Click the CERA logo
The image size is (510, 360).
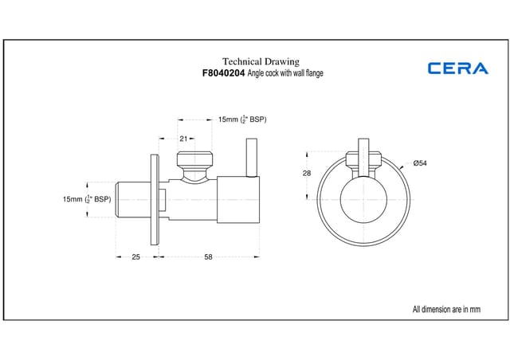coord(458,68)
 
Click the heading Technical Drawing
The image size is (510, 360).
coord(261,61)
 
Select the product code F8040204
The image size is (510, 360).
coord(223,73)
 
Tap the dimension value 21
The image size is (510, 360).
coord(183,139)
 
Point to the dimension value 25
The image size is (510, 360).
coord(135,257)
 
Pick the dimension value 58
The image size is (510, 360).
coord(208,257)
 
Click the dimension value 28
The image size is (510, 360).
coord(307,174)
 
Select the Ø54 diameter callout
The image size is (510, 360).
coord(420,163)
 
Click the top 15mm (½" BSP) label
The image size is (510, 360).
coord(242,119)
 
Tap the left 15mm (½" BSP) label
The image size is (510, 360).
coord(87,199)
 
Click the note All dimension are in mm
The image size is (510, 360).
coord(446,309)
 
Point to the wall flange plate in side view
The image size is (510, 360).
coord(155,200)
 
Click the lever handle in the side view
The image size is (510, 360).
coord(252,158)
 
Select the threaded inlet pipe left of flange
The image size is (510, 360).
coord(133,200)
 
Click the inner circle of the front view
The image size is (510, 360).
coord(363,200)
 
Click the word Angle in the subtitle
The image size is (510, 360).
coord(256,73)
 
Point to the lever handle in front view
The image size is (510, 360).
coord(363,158)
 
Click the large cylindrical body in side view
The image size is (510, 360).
coord(238,200)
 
